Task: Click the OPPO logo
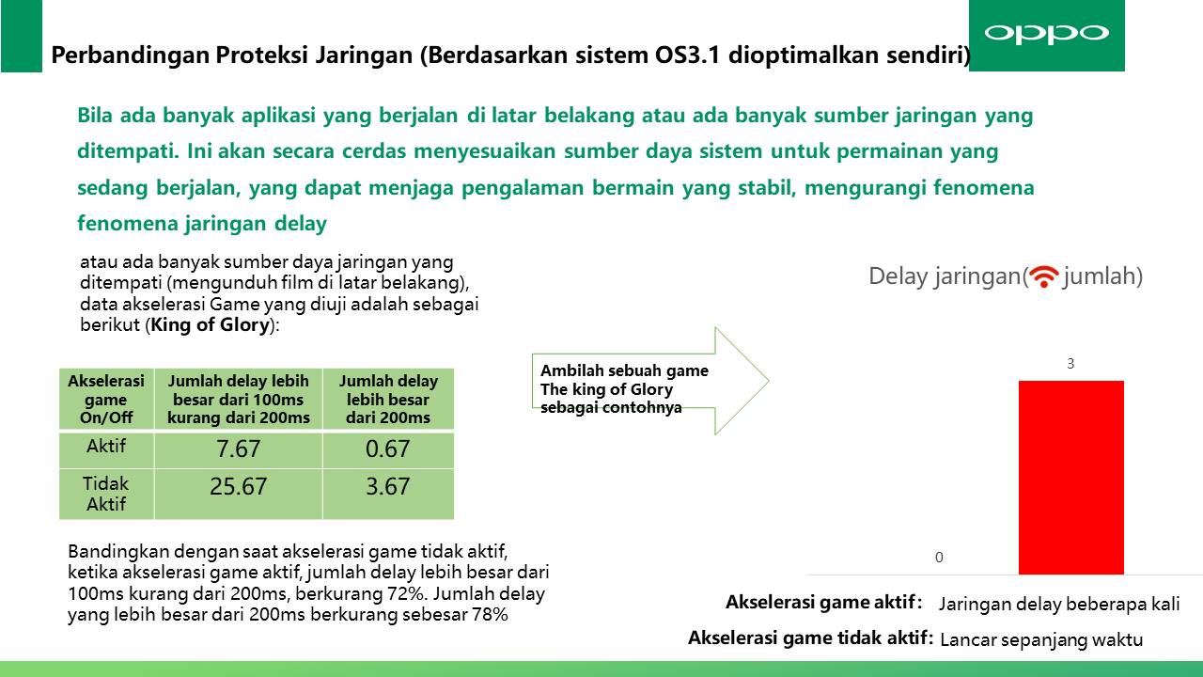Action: tap(1046, 34)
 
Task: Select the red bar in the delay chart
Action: tap(1070, 477)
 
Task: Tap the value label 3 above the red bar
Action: tap(1070, 364)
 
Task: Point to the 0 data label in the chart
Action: tap(939, 558)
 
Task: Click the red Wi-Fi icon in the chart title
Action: tap(1044, 276)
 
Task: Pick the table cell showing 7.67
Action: tap(238, 449)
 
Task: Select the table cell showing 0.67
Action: tap(388, 449)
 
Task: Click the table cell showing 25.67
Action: tap(238, 494)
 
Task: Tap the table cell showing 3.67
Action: tap(388, 494)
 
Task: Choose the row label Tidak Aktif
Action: tap(106, 494)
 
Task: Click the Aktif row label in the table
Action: tap(106, 446)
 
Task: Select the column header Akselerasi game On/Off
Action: tap(106, 400)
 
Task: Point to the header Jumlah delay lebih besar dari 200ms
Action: tap(388, 400)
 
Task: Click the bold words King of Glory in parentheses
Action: tap(210, 325)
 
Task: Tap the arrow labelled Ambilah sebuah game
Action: tap(649, 381)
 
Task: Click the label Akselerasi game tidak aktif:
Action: tap(810, 638)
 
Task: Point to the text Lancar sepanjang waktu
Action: tap(1041, 640)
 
